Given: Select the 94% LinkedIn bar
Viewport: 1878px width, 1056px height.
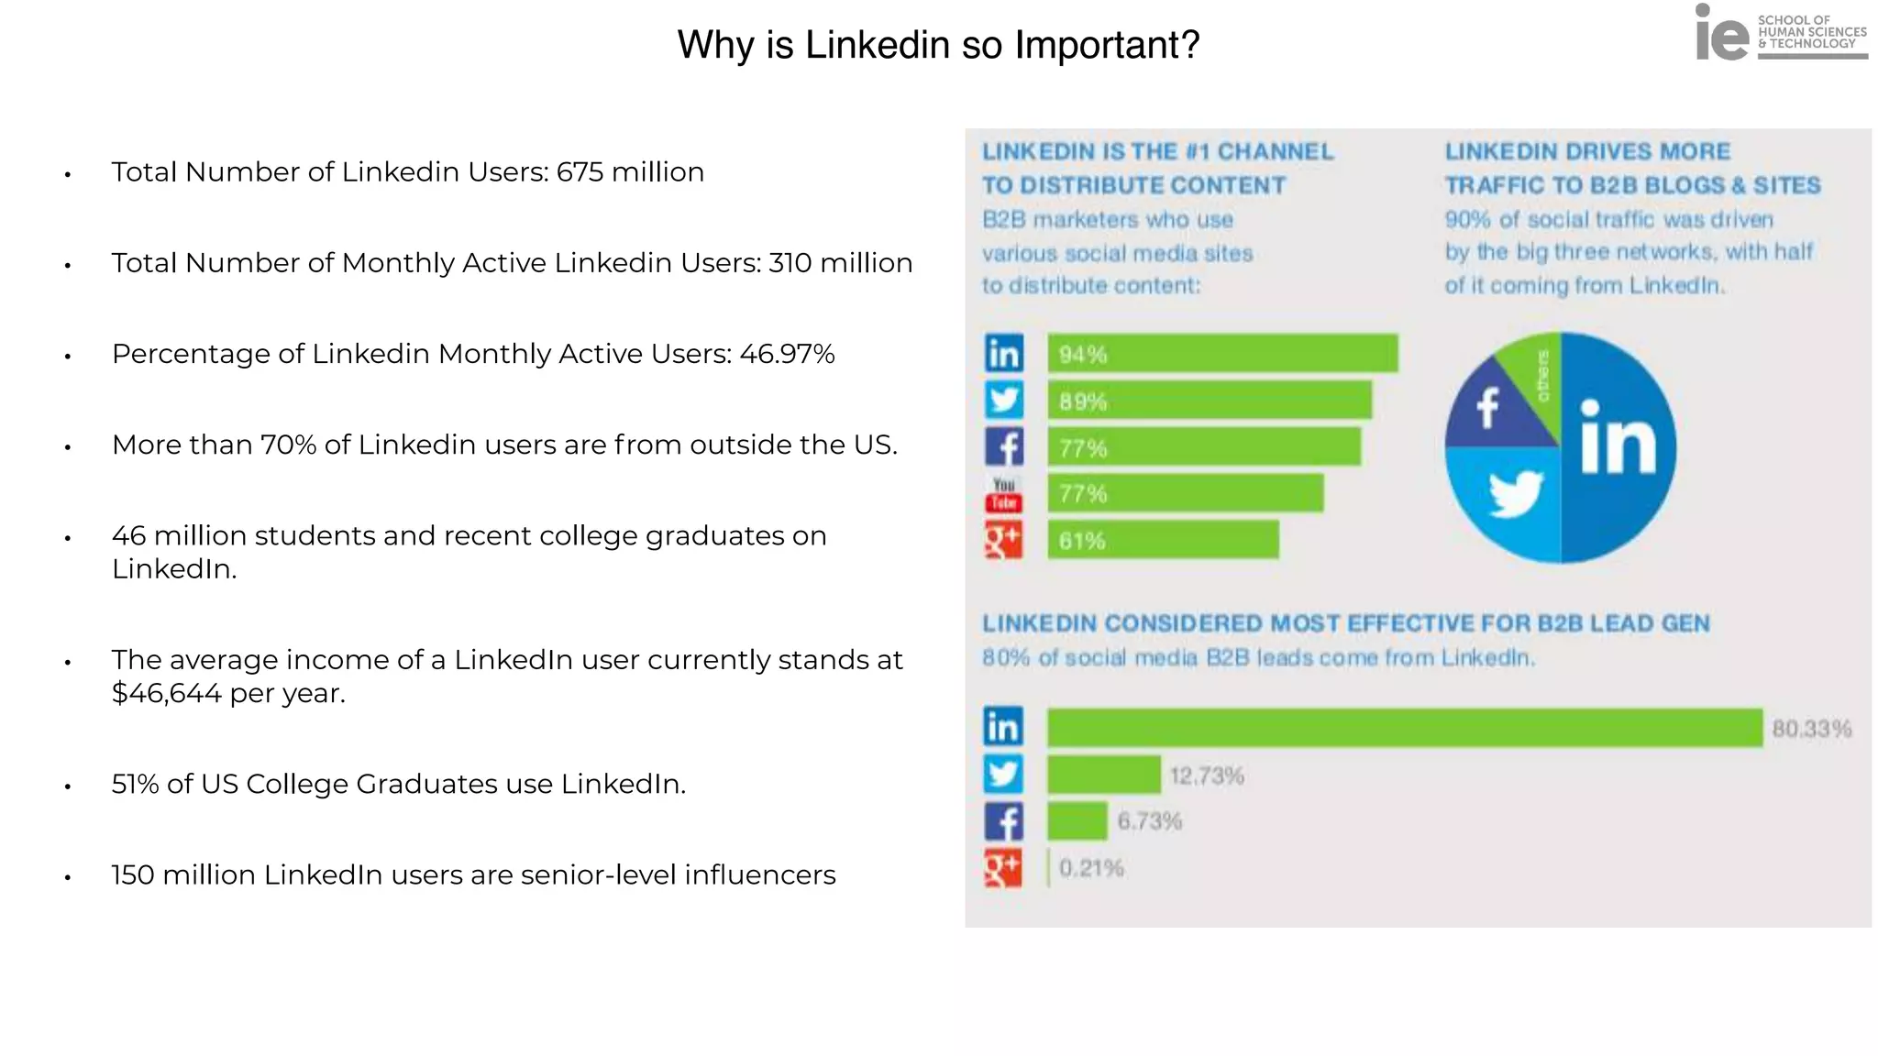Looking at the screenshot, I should pyautogui.click(x=1222, y=354).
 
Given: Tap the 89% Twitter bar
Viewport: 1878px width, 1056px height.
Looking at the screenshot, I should pyautogui.click(x=1210, y=401).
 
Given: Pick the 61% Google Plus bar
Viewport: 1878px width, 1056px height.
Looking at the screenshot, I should pyautogui.click(x=1163, y=541).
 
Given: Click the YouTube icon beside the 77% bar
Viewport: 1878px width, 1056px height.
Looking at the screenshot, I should pyautogui.click(x=1003, y=494).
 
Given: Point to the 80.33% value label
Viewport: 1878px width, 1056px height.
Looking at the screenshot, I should pyautogui.click(x=1811, y=729).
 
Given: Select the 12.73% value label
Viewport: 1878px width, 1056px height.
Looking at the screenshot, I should pyautogui.click(x=1207, y=776).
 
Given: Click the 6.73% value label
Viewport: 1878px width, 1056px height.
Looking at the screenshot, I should pyautogui.click(x=1149, y=821).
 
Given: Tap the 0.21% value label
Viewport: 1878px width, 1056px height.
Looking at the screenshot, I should pyautogui.click(x=1091, y=868).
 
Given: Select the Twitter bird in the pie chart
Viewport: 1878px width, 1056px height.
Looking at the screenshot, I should pyautogui.click(x=1515, y=492).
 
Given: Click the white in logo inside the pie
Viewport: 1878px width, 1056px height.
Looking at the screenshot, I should pyautogui.click(x=1618, y=440).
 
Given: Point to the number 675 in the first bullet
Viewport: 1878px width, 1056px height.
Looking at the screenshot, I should pyautogui.click(x=580, y=172).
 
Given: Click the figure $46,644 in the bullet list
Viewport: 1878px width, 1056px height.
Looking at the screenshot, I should pyautogui.click(x=166, y=694).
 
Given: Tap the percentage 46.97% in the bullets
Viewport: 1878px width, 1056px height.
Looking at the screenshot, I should pyautogui.click(x=787, y=354).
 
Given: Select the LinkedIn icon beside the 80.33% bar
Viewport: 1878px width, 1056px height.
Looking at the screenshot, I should pyautogui.click(x=1003, y=727).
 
